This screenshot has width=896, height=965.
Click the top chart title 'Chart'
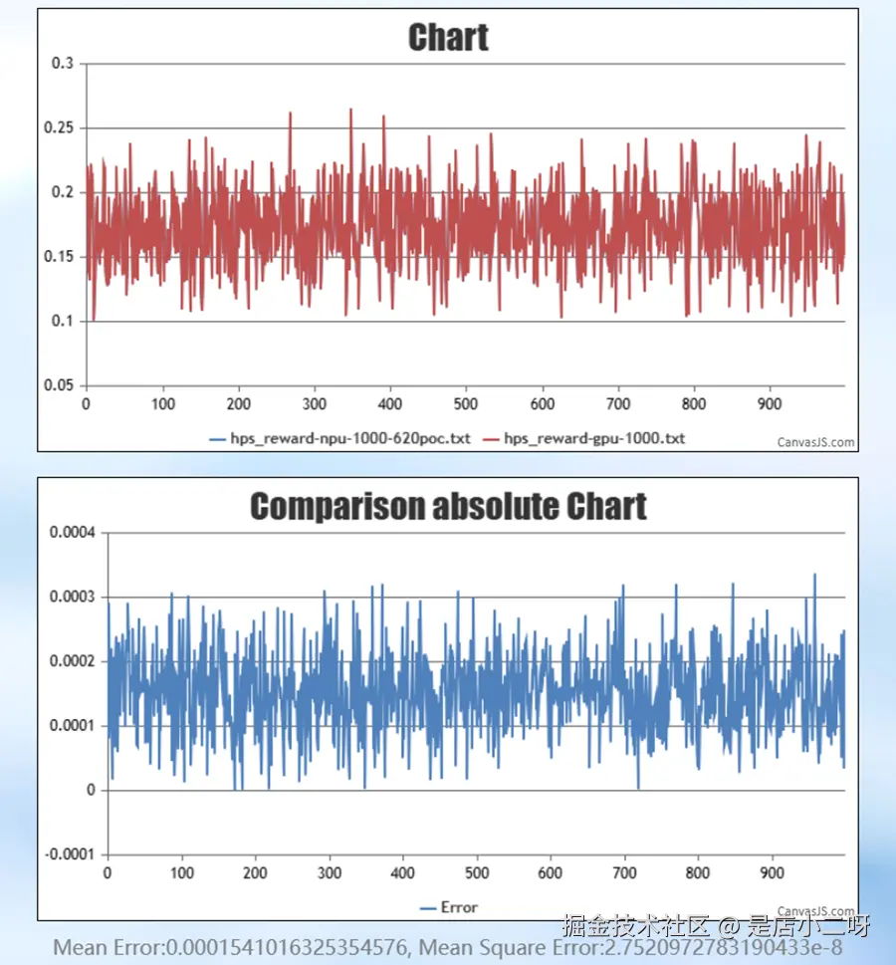448,38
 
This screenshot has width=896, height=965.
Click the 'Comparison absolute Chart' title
448,506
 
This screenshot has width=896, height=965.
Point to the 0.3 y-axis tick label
63,64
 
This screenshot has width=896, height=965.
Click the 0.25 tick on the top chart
59,128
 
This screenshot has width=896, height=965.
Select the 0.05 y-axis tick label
59,385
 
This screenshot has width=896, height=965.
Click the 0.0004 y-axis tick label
72,533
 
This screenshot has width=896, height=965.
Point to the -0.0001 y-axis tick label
70,854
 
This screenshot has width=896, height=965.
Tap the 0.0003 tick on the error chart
72,597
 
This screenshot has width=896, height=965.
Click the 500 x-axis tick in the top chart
466,404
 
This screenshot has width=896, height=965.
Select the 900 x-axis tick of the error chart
772,873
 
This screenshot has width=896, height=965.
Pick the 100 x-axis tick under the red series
162,404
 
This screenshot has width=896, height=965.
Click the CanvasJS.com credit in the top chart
815,443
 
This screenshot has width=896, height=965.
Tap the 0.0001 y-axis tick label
72,726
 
